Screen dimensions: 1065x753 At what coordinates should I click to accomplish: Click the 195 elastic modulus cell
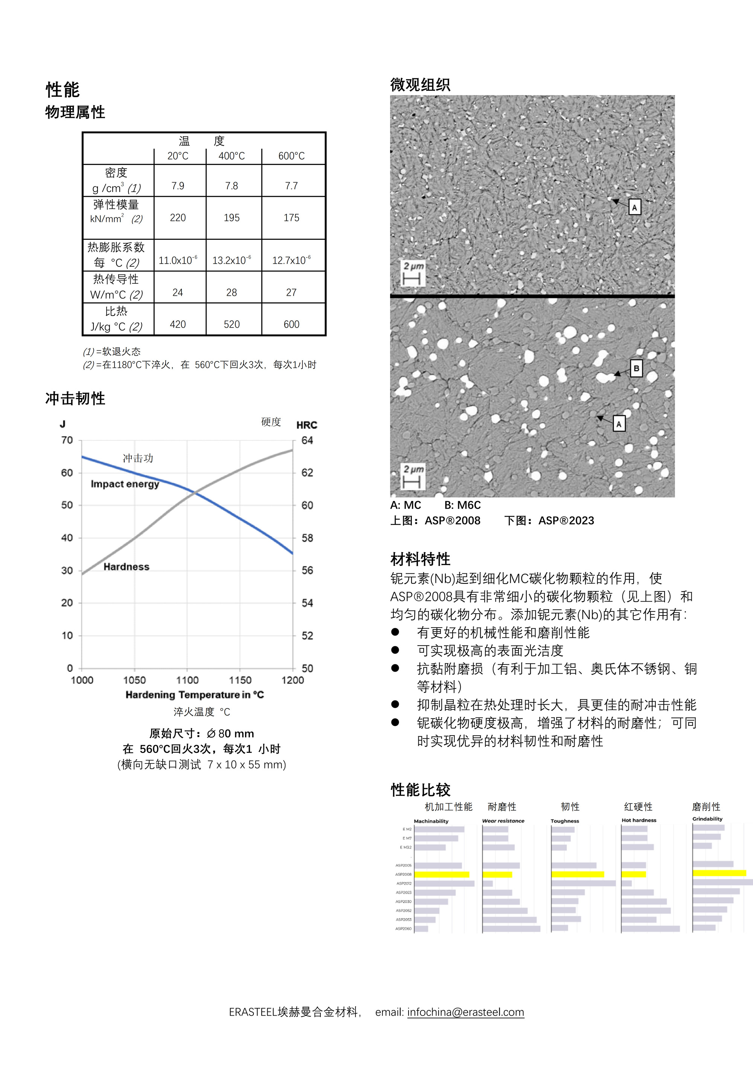pos(232,218)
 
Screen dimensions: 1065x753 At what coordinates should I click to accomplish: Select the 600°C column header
pos(291,156)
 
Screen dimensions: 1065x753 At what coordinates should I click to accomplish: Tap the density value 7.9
pos(178,186)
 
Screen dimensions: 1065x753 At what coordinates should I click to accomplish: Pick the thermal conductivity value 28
pos(232,292)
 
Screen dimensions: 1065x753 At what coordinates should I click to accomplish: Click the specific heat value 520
pos(232,324)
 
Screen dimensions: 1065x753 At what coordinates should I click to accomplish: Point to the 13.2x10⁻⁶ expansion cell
pos(232,260)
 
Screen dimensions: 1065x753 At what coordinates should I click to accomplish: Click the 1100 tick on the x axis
pos(187,680)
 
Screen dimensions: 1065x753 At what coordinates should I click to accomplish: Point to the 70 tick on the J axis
pos(67,440)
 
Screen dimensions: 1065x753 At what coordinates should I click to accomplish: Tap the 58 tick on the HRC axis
pos(307,538)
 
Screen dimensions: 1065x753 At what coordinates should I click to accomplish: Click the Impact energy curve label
pos(125,484)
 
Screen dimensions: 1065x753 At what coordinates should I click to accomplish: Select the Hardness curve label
pos(126,567)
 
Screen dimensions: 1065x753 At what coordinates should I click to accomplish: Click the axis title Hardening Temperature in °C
pos(194,695)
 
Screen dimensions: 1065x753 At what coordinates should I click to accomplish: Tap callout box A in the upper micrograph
pos(634,207)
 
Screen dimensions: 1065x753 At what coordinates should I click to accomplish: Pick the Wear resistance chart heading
pos(503,821)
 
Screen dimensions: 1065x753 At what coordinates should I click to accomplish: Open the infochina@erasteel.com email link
pos(465,1012)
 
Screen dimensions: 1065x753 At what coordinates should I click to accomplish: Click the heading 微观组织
pos(420,84)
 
